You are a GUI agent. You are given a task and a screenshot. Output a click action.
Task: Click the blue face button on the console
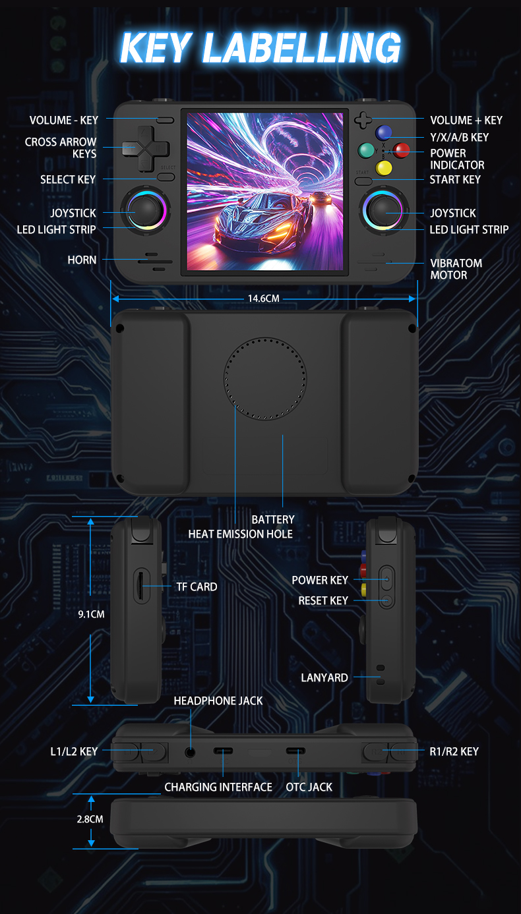383,132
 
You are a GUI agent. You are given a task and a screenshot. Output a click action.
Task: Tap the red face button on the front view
401,150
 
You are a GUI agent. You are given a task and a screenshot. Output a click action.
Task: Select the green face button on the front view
366,150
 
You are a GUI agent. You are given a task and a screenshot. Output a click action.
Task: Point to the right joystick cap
383,211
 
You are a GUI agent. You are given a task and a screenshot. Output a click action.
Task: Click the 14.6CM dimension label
264,299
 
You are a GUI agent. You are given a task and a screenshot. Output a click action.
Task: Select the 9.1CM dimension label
91,614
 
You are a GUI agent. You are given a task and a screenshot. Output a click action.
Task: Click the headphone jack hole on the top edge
191,751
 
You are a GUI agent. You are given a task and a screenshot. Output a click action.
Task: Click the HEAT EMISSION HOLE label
240,534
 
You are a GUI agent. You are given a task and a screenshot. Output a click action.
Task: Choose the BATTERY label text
273,519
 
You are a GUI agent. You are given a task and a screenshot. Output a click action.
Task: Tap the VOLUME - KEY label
63,120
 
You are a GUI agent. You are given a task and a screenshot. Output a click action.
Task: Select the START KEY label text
455,179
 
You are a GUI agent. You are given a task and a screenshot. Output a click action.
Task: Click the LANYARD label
324,677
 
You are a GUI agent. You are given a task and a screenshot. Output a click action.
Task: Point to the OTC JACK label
309,787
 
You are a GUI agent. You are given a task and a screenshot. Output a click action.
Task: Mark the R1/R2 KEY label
453,751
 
